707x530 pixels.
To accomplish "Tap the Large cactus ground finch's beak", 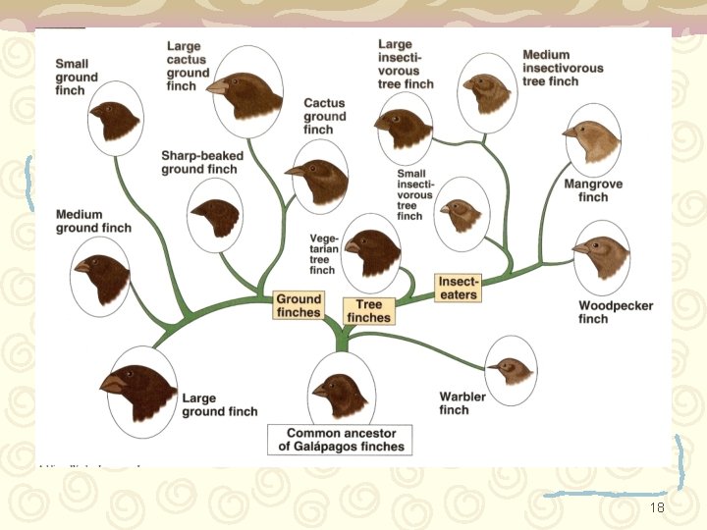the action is [216, 85].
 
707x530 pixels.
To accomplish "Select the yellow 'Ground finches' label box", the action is [299, 305].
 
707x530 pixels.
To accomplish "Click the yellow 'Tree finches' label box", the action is [369, 311].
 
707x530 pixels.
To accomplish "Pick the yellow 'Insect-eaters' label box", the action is [458, 289].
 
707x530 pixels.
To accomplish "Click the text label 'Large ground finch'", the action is [220, 405].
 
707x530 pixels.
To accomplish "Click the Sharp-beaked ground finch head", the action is [215, 216].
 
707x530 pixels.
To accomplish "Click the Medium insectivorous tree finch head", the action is [488, 91].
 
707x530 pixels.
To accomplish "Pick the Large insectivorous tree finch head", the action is [405, 126].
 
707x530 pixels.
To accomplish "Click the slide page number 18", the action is [658, 507].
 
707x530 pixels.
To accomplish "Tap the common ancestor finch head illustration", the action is [341, 391].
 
